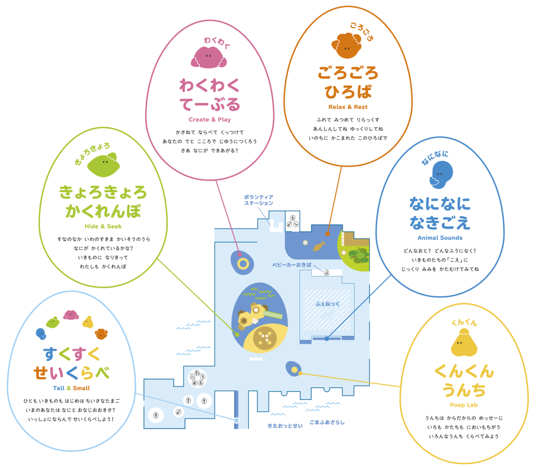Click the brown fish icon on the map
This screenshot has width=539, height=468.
[319, 246]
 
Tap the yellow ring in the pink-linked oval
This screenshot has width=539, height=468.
[243, 264]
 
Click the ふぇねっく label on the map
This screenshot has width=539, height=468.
[328, 304]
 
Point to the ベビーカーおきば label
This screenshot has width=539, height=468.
[292, 265]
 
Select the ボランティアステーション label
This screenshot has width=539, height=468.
[259, 200]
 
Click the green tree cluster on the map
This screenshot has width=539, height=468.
[359, 255]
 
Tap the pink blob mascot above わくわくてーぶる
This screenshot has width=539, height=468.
[209, 58]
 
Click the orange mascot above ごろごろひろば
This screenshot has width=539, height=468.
[346, 46]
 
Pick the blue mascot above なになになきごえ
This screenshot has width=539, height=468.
[441, 174]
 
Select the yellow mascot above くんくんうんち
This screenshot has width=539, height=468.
[464, 343]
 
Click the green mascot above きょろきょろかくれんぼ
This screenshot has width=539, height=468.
[103, 165]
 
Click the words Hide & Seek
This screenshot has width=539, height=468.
[103, 226]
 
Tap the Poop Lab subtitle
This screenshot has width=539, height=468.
[463, 405]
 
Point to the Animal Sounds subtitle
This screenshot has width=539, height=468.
[440, 238]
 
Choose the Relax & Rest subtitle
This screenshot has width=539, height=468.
[348, 107]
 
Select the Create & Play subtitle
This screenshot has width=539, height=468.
[210, 119]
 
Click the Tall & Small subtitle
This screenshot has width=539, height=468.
[71, 388]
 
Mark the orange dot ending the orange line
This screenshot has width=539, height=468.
[328, 234]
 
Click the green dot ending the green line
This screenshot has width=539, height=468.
[237, 334]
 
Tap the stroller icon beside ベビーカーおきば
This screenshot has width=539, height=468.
[327, 273]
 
